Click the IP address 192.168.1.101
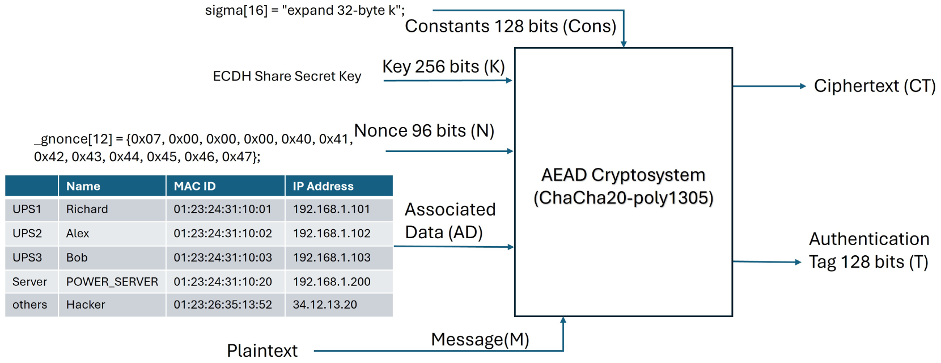pos(331,209)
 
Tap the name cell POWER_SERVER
pos(112,281)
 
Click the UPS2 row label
pos(27,233)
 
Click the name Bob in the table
pos(77,258)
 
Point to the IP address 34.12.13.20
pos(325,305)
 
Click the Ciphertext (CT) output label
pos(875,86)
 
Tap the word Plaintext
pos(262,351)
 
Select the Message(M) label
pos(480,340)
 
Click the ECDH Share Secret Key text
pos(287,76)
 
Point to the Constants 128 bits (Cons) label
pos(510,27)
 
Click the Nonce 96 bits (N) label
pos(424,131)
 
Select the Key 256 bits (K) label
pos(443,67)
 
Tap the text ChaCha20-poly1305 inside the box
pos(624,198)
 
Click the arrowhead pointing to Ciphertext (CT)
pos(803,86)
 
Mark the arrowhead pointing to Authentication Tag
pos(798,262)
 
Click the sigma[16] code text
pos(305,11)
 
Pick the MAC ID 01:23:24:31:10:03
pos(223,258)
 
